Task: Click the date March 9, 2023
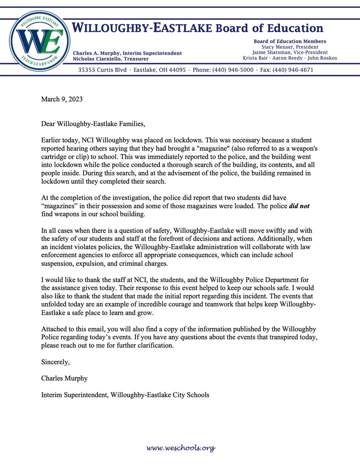(x=62, y=99)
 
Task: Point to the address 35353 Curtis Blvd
(x=103, y=70)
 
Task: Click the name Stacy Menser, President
(x=290, y=47)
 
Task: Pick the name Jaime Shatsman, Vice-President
(x=290, y=52)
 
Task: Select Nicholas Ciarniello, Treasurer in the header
(x=111, y=58)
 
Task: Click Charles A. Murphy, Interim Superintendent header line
(x=127, y=53)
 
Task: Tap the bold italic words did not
(x=299, y=206)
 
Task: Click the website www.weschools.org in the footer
(x=181, y=448)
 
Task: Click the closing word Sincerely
(x=55, y=362)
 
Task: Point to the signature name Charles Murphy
(x=64, y=378)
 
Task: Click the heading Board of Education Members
(x=290, y=41)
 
